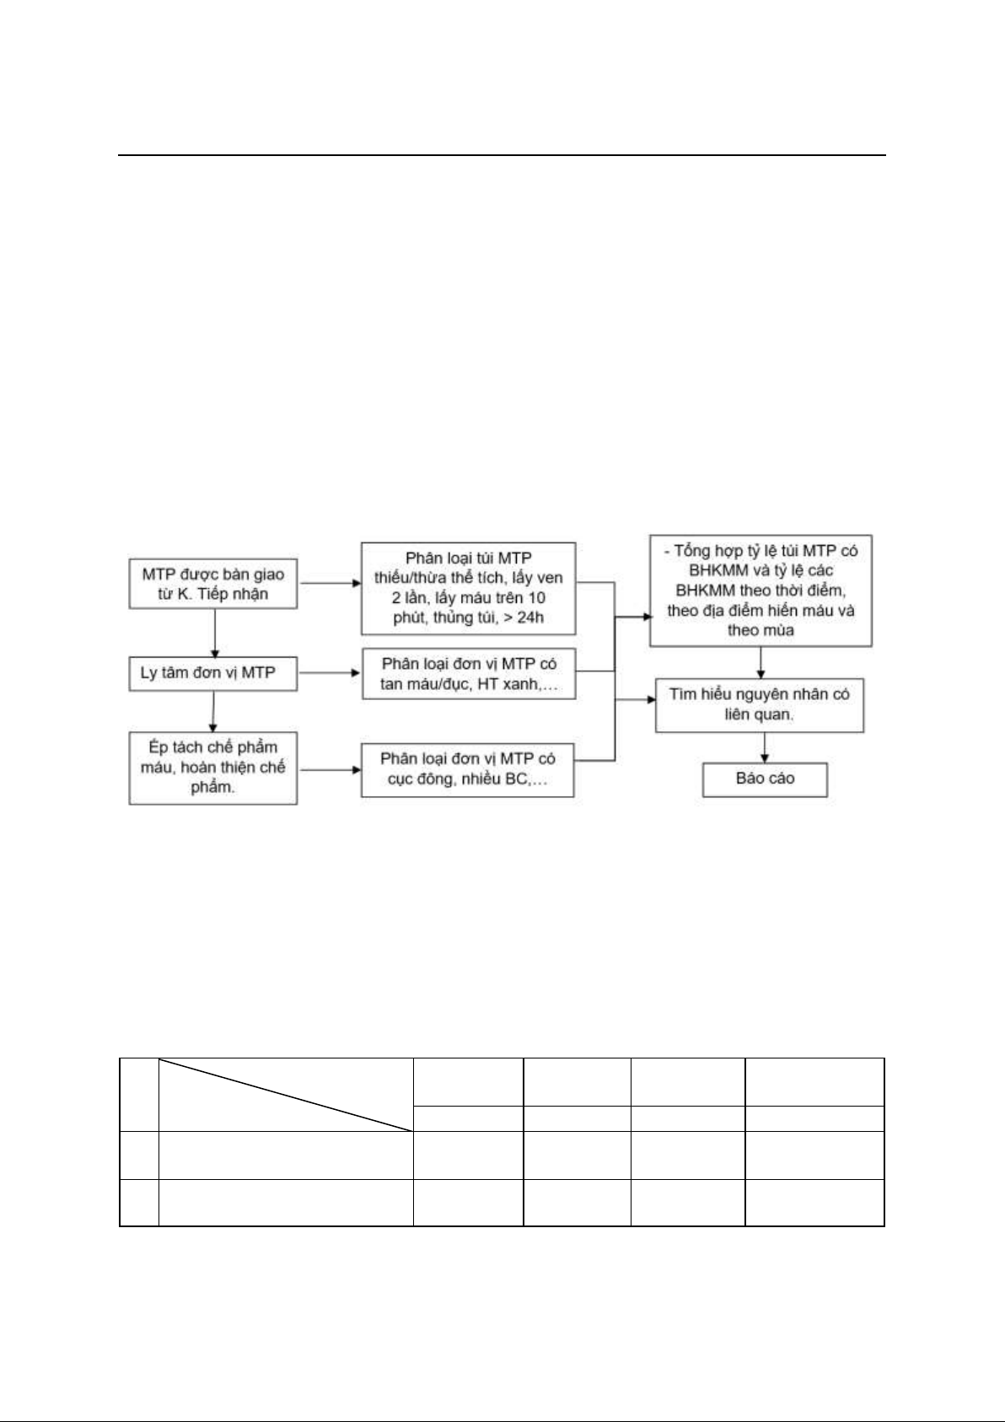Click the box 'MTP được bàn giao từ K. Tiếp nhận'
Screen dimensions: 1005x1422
(x=213, y=584)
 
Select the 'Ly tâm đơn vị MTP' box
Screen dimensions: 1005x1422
(x=213, y=674)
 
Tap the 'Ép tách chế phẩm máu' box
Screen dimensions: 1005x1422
(x=213, y=768)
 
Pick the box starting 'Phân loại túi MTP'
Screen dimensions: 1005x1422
(x=468, y=589)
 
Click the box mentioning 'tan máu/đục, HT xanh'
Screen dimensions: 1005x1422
(x=469, y=674)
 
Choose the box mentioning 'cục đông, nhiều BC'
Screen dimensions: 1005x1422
(x=468, y=770)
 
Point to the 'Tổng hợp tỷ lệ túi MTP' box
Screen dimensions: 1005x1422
(x=760, y=591)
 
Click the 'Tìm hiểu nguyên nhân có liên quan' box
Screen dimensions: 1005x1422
(x=760, y=705)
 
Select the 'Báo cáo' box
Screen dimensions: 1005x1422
(x=766, y=779)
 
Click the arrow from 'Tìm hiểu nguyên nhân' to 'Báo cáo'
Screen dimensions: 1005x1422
(x=765, y=748)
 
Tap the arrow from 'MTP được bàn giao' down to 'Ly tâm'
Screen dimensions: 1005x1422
(x=215, y=633)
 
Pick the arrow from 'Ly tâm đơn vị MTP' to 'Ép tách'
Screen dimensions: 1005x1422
(x=213, y=712)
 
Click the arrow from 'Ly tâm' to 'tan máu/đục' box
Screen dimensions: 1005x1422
(x=330, y=673)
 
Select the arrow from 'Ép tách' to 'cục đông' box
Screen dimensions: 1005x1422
(x=330, y=770)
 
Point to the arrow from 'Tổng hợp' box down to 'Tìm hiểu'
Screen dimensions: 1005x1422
(x=760, y=663)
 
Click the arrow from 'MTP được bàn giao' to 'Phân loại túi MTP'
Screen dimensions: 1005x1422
(x=331, y=583)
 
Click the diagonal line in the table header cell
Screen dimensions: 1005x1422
(x=286, y=1095)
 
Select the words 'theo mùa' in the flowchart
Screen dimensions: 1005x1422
(x=760, y=630)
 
